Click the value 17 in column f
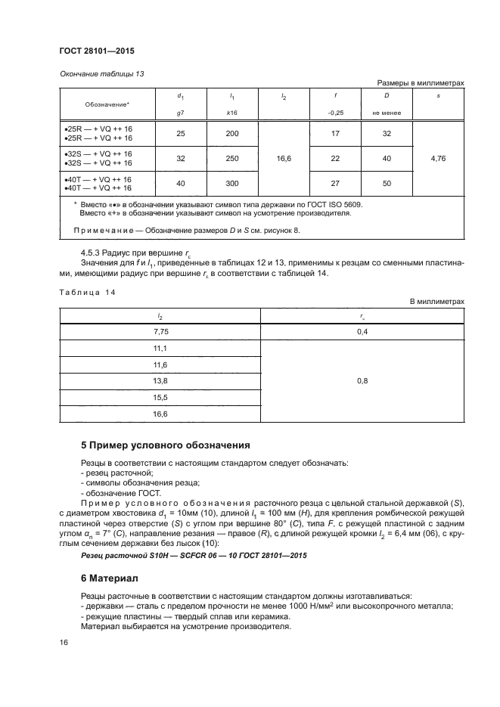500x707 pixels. tap(335, 134)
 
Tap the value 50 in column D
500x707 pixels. tap(387, 183)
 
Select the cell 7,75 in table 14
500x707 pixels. tap(160, 331)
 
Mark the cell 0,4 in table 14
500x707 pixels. tap(362, 331)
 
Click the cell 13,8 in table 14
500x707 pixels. tap(160, 380)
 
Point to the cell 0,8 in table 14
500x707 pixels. tap(362, 380)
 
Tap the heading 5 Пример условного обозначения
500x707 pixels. tap(165, 445)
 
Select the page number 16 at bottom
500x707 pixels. tap(64, 642)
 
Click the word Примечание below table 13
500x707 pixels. tap(104, 230)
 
